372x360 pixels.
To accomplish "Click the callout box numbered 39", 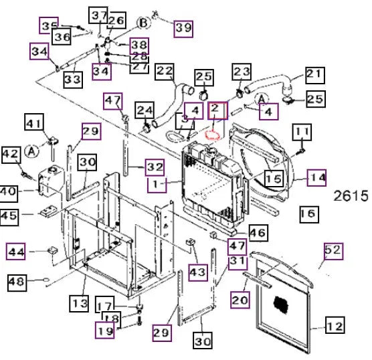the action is tap(183, 29).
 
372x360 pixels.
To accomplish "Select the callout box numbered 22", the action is tap(165, 72).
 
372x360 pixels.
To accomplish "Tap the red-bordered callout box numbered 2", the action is tap(217, 110).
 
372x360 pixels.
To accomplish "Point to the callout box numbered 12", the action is tap(335, 325).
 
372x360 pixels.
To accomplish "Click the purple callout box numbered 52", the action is tap(333, 251).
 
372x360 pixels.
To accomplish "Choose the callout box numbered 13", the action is tap(79, 303).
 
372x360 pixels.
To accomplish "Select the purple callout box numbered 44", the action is tap(15, 251).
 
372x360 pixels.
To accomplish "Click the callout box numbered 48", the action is tap(17, 282).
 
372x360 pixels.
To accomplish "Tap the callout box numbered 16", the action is tap(309, 214).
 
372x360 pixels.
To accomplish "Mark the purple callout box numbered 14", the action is tap(316, 177).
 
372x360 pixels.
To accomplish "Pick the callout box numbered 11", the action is tap(302, 132).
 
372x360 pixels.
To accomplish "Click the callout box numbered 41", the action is tap(34, 122).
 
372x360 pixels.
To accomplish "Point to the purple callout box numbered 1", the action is tap(157, 185).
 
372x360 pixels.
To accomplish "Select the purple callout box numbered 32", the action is tap(155, 167).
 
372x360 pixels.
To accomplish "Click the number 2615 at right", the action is tap(351, 196).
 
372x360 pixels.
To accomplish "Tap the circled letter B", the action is tap(143, 23).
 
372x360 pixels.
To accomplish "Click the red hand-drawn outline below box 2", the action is tap(213, 134).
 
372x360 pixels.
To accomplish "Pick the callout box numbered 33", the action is tap(73, 80).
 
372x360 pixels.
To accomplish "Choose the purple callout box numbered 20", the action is tap(240, 300).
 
